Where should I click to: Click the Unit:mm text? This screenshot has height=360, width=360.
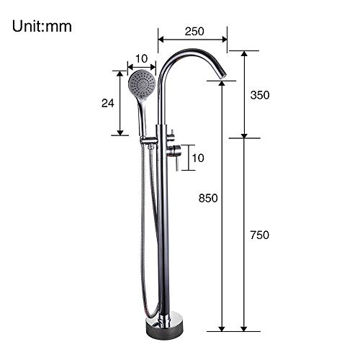click(42, 26)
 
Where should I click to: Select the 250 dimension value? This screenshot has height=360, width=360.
click(194, 31)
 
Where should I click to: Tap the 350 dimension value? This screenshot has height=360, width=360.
click(260, 95)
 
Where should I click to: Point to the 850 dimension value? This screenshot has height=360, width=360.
click(208, 198)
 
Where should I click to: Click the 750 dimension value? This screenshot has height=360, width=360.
click(260, 235)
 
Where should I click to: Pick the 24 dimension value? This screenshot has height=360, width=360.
click(108, 103)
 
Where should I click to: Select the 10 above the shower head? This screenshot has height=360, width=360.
click(142, 58)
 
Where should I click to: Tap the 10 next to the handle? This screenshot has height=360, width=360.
click(198, 158)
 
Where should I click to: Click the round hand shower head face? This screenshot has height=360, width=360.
click(142, 84)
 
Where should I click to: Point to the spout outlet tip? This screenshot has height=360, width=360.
click(222, 75)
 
